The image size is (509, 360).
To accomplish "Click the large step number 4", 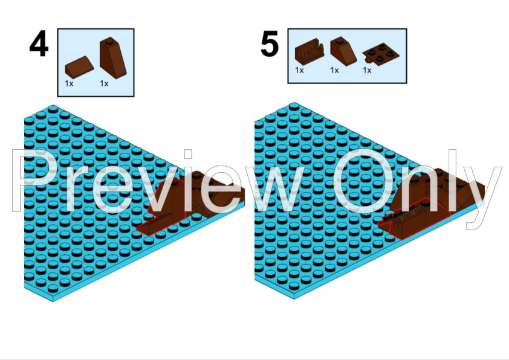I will [39, 45].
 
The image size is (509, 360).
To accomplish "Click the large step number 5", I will [269, 45].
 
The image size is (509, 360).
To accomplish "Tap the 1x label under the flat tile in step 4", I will [69, 83].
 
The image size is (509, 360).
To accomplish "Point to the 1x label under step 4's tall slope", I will [104, 83].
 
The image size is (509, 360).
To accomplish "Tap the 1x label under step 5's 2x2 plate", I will [367, 70].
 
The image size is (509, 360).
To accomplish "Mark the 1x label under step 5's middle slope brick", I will [334, 70].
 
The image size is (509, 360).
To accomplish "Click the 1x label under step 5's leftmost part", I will [299, 70].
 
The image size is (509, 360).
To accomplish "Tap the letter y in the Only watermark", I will [484, 193].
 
